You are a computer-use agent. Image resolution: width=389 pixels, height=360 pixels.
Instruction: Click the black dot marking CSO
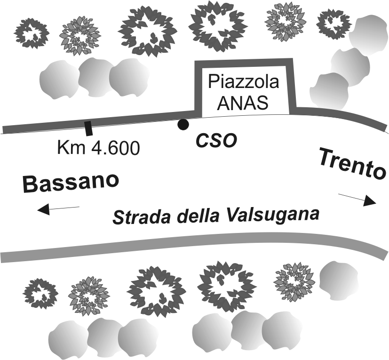(183, 124)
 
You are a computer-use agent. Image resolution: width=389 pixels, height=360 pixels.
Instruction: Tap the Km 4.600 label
(98, 148)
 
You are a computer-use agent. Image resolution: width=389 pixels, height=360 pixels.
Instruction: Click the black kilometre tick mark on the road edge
(88, 128)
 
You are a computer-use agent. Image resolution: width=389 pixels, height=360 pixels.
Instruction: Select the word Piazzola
(243, 82)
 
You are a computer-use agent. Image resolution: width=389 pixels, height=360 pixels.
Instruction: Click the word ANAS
(243, 102)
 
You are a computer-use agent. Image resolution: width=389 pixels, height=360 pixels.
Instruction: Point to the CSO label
(216, 141)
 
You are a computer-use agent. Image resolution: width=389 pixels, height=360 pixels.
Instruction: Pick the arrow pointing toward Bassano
(58, 209)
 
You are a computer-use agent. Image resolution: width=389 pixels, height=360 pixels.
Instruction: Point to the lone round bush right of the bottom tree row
(339, 280)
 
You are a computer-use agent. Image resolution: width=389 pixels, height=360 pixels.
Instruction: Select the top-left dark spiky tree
(32, 33)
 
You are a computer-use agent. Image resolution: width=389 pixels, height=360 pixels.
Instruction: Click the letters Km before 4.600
(71, 148)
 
